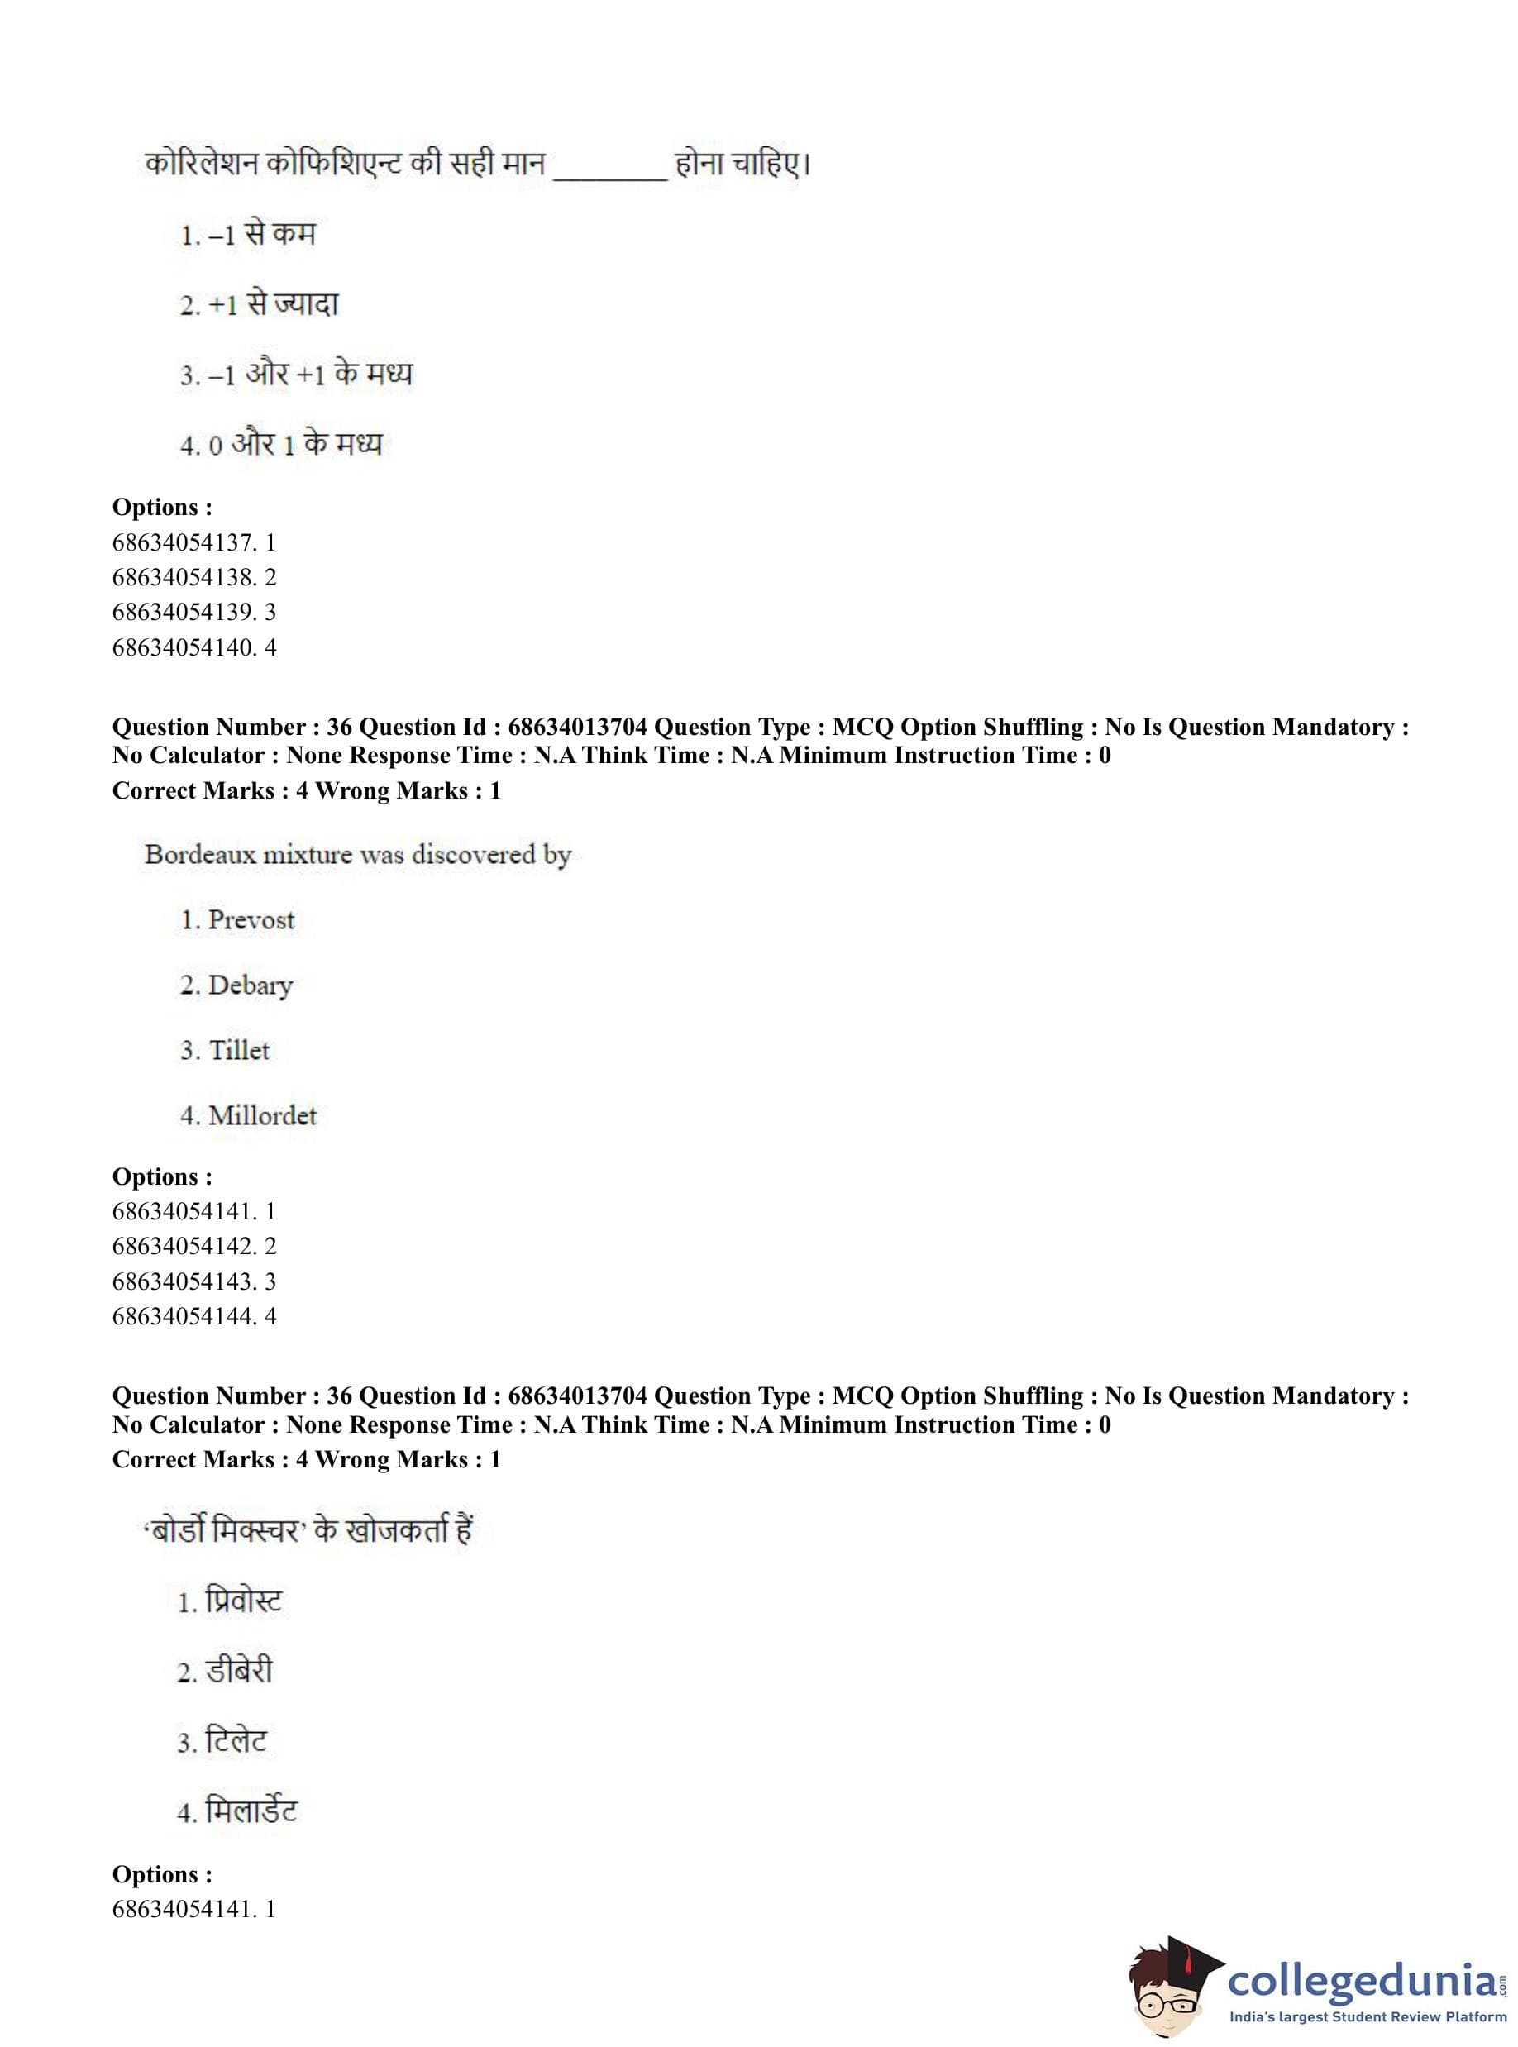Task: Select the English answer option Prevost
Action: [250, 919]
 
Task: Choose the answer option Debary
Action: [249, 985]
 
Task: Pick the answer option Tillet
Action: [238, 1050]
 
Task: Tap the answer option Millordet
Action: [262, 1115]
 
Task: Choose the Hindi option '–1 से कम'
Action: [261, 234]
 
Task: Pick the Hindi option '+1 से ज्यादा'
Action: [273, 304]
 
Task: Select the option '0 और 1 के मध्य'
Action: [294, 445]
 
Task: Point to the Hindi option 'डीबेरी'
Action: [238, 1671]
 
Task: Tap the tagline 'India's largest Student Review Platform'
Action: [1368, 2017]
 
